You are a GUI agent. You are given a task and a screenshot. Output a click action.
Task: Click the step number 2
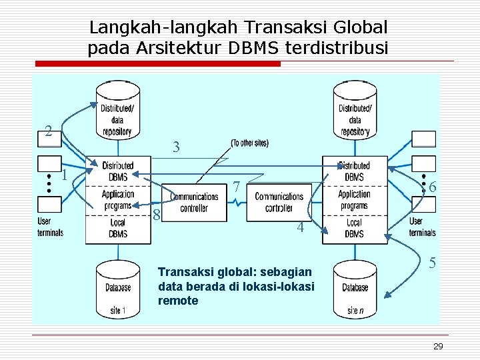(x=48, y=131)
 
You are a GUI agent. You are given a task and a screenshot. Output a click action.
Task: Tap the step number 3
(x=176, y=147)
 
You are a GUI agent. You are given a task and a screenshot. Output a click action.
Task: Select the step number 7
(x=237, y=189)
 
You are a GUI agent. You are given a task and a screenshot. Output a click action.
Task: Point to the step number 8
(x=156, y=215)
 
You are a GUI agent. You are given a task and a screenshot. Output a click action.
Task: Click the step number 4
(x=301, y=227)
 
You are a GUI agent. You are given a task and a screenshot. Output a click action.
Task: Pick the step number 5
(x=432, y=263)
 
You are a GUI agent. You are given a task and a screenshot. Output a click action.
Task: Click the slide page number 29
(x=437, y=346)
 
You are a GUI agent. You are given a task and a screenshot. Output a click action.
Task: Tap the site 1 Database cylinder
(x=117, y=289)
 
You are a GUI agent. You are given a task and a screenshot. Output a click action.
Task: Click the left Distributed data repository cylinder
(x=117, y=111)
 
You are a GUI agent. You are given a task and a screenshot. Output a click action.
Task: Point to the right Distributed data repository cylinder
(x=355, y=111)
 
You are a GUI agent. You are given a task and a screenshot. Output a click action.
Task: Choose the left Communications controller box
(x=194, y=201)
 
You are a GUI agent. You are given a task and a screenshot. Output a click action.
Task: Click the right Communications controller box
(x=279, y=201)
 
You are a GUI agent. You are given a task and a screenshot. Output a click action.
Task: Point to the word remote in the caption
(x=178, y=301)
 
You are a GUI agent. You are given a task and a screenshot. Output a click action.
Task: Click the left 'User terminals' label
(x=50, y=227)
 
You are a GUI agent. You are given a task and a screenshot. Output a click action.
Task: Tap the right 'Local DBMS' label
(x=354, y=229)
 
